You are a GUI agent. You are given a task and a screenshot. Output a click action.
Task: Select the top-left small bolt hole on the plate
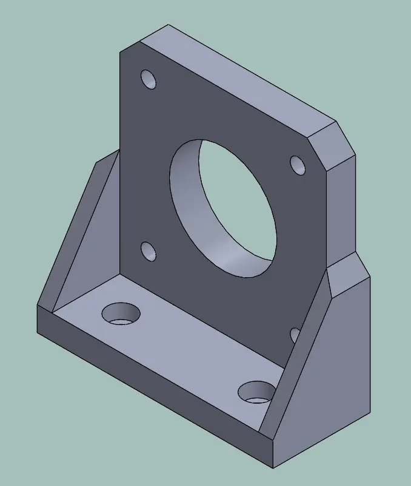(149, 79)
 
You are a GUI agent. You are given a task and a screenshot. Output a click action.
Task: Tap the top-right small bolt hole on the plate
(298, 165)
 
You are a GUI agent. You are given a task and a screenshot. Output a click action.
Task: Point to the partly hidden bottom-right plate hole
(295, 335)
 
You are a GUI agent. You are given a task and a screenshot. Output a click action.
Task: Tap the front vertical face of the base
(152, 387)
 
